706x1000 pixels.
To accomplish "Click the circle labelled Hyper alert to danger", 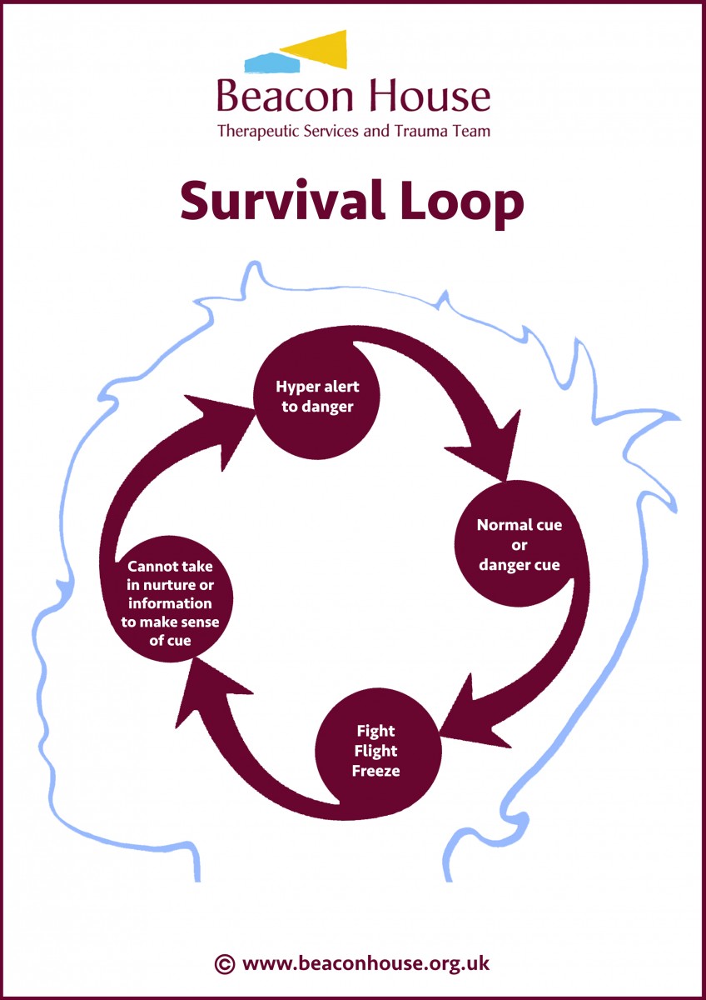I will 317,397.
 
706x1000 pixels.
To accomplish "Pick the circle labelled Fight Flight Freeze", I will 375,751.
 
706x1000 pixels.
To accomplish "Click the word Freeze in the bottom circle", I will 375,771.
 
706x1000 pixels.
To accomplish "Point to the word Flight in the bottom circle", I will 375,751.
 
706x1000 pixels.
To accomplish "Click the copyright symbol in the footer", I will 224,964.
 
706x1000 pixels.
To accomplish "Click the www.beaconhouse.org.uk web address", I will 365,964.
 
